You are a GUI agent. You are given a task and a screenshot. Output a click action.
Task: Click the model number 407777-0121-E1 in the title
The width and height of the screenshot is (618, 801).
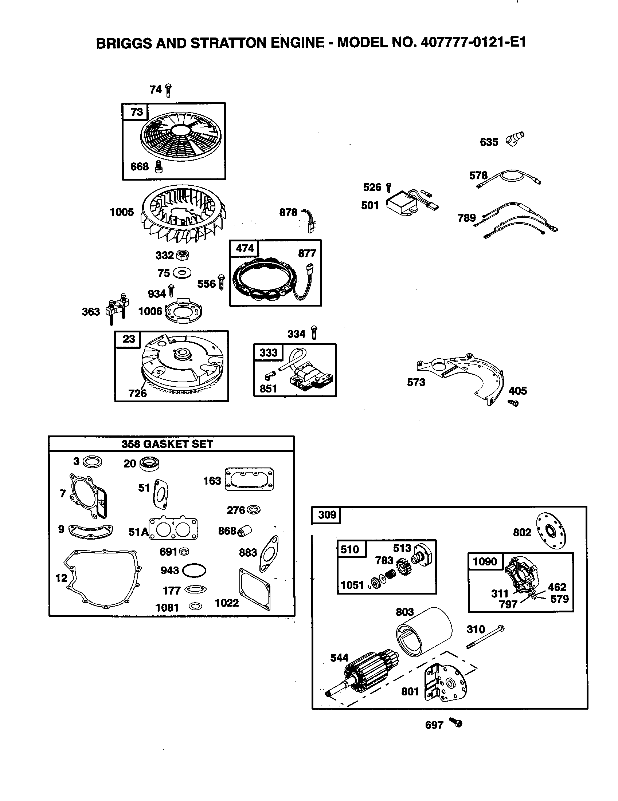473,43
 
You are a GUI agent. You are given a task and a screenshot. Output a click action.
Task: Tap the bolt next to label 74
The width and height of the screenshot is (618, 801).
168,90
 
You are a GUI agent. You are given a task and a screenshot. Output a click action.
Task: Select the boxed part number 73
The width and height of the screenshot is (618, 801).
136,111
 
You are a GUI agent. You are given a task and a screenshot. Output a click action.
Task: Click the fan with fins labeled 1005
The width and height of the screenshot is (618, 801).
184,215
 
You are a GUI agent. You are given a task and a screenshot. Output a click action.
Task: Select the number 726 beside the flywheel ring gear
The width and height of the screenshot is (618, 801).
137,394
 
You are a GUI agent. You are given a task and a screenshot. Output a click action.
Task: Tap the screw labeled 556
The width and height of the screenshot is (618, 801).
221,283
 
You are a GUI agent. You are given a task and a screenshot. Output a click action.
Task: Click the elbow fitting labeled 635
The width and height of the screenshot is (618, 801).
515,139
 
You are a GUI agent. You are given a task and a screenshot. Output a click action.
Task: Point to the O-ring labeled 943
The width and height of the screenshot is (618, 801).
194,570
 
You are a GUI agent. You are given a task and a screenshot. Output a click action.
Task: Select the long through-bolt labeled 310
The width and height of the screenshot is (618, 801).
484,638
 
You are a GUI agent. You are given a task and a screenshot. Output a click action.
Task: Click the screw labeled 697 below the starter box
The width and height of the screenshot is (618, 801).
456,723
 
